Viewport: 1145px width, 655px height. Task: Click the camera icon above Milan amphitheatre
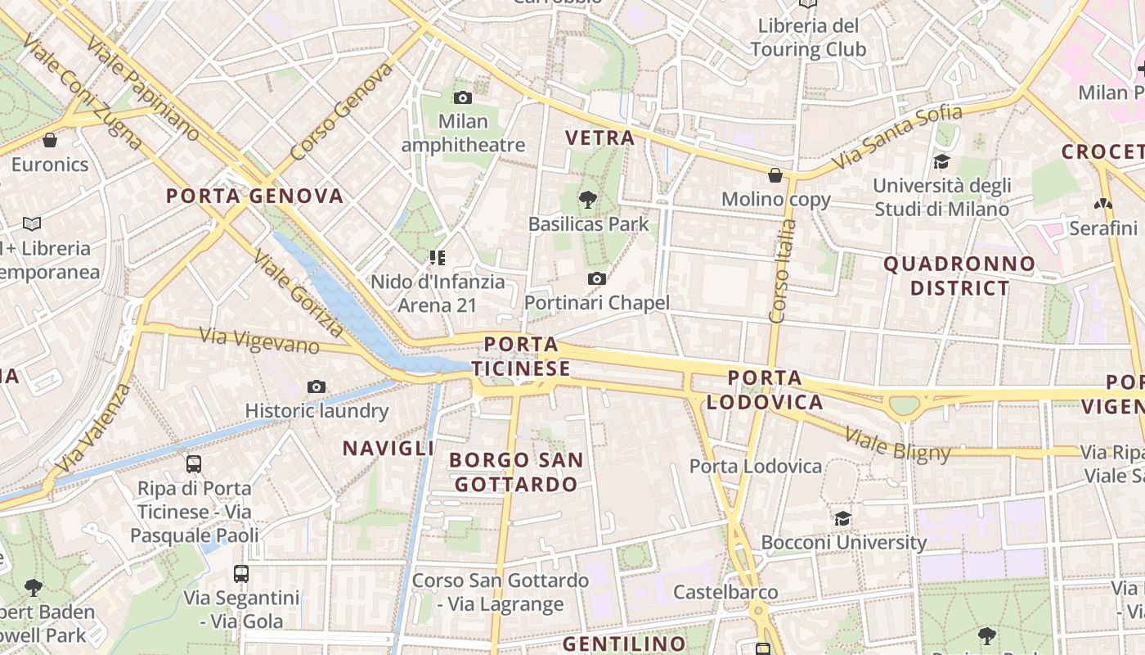pos(462,98)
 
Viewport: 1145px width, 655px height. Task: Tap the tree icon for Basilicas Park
pos(587,199)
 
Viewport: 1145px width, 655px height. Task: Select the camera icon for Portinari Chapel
pos(597,279)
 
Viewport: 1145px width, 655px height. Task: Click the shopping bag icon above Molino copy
pos(775,175)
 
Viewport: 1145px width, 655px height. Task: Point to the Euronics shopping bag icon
pos(50,140)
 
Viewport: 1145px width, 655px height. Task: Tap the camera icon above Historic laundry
pos(317,386)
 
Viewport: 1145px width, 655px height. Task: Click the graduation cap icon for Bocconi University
pos(842,518)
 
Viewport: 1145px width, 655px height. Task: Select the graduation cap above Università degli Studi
pos(941,161)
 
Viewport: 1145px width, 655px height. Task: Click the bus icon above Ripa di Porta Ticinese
pos(194,464)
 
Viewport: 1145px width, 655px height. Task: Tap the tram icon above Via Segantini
pos(240,573)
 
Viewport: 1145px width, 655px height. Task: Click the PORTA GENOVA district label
pos(254,196)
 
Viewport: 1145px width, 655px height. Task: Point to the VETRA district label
pos(600,138)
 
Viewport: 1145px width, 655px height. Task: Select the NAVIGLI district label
pos(388,448)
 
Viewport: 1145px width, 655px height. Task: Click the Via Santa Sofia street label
pos(897,136)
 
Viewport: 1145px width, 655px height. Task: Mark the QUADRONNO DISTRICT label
pos(959,276)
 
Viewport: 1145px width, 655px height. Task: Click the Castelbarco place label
pos(725,591)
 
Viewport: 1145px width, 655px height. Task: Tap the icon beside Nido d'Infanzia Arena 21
pos(438,258)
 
